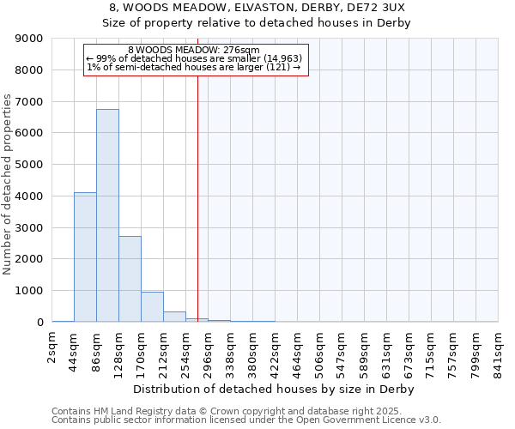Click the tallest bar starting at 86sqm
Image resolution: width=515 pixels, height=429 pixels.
click(x=107, y=215)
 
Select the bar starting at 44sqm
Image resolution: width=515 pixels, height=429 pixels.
click(x=85, y=257)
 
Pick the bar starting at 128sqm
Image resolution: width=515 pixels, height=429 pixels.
click(x=130, y=279)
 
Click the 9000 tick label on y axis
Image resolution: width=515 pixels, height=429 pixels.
click(x=30, y=39)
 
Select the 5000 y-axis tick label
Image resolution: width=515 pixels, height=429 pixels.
click(x=30, y=165)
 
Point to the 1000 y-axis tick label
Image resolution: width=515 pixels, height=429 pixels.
click(x=30, y=291)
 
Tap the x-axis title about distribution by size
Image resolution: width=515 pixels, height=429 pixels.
click(x=275, y=390)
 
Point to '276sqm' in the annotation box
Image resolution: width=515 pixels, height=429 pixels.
click(x=232, y=51)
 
